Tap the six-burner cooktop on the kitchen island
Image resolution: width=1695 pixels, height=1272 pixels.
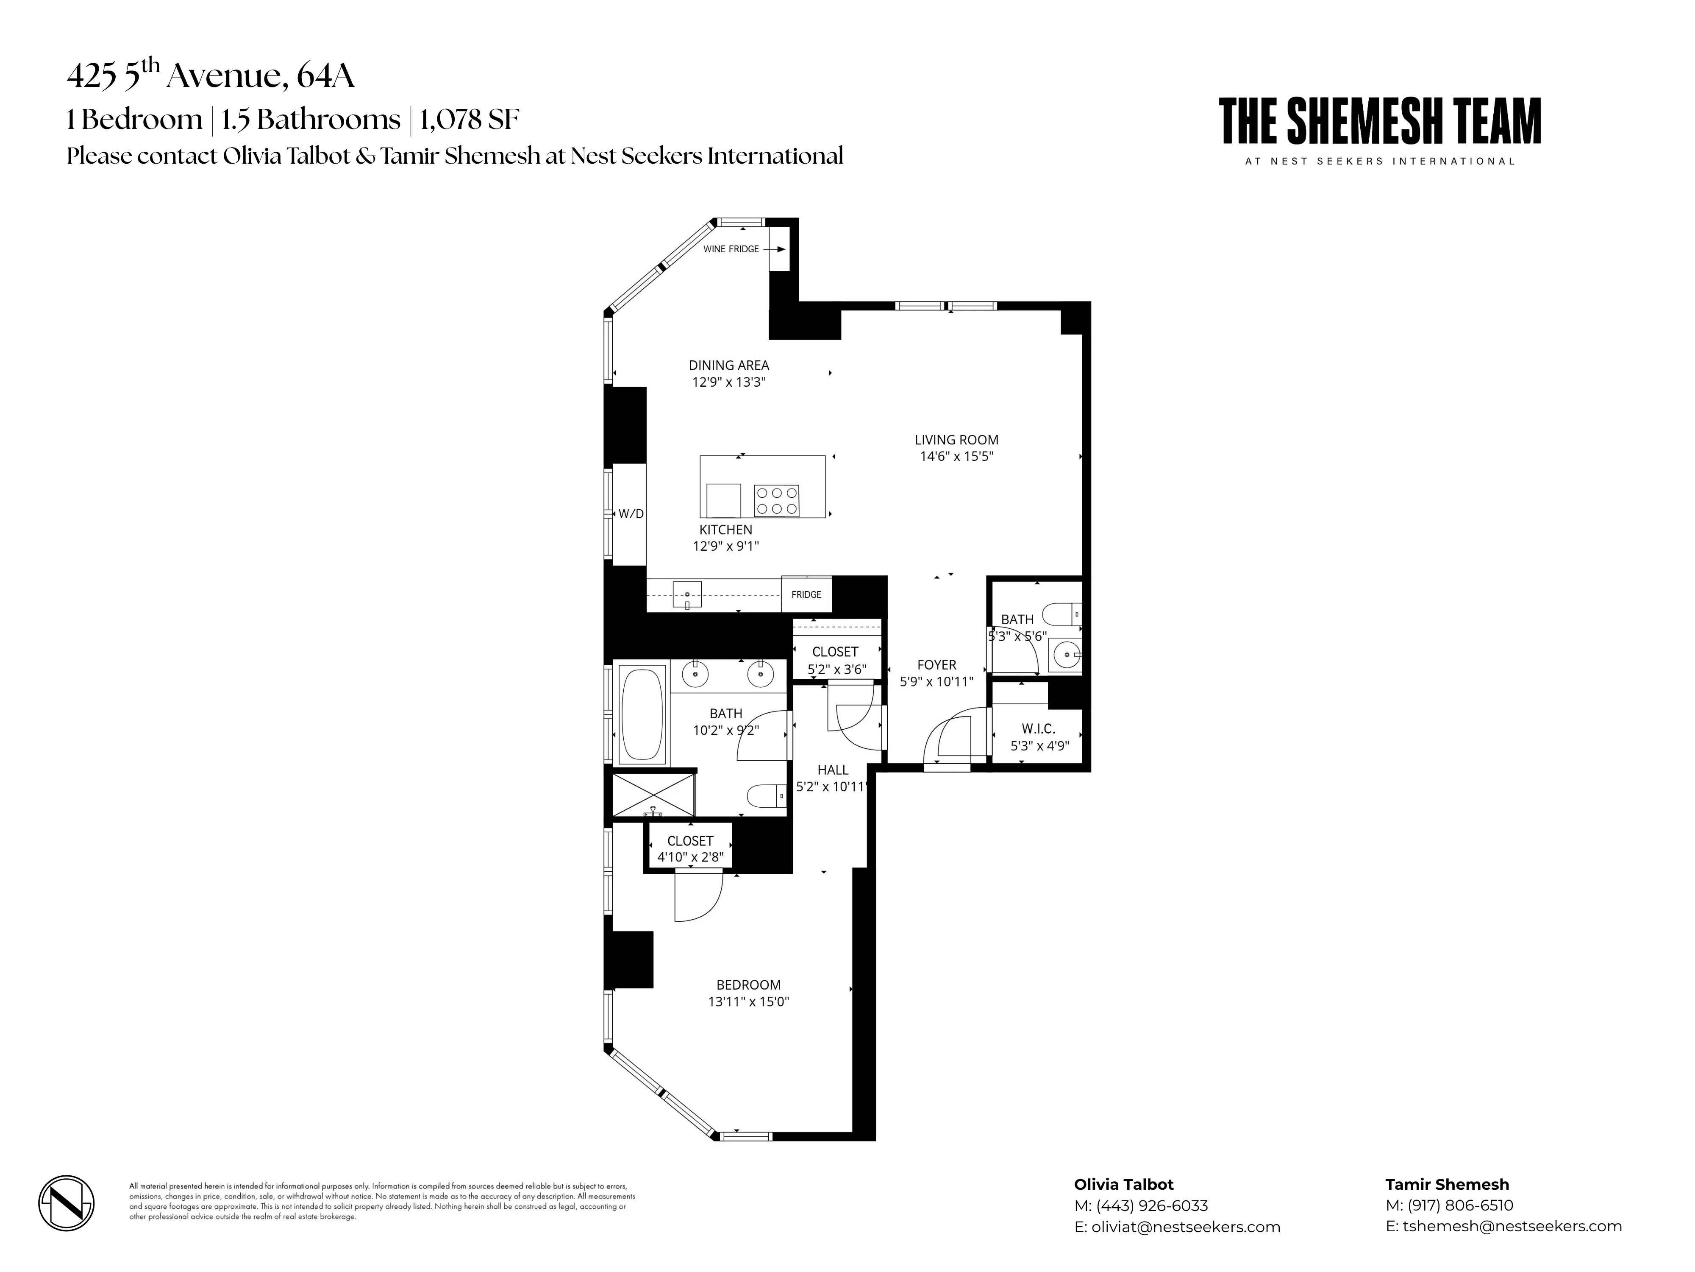point(776,501)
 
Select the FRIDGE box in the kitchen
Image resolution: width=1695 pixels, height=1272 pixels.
point(806,594)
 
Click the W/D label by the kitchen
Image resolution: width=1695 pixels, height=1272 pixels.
point(631,514)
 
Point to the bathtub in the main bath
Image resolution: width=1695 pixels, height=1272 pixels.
point(642,715)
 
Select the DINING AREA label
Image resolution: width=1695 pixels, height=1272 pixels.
point(728,366)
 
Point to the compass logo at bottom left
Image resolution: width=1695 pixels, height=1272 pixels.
point(67,1203)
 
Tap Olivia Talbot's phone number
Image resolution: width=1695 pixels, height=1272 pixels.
point(1152,1206)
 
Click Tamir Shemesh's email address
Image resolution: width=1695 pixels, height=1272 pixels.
point(1513,1227)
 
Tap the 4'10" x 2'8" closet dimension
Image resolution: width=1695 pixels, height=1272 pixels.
point(689,857)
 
